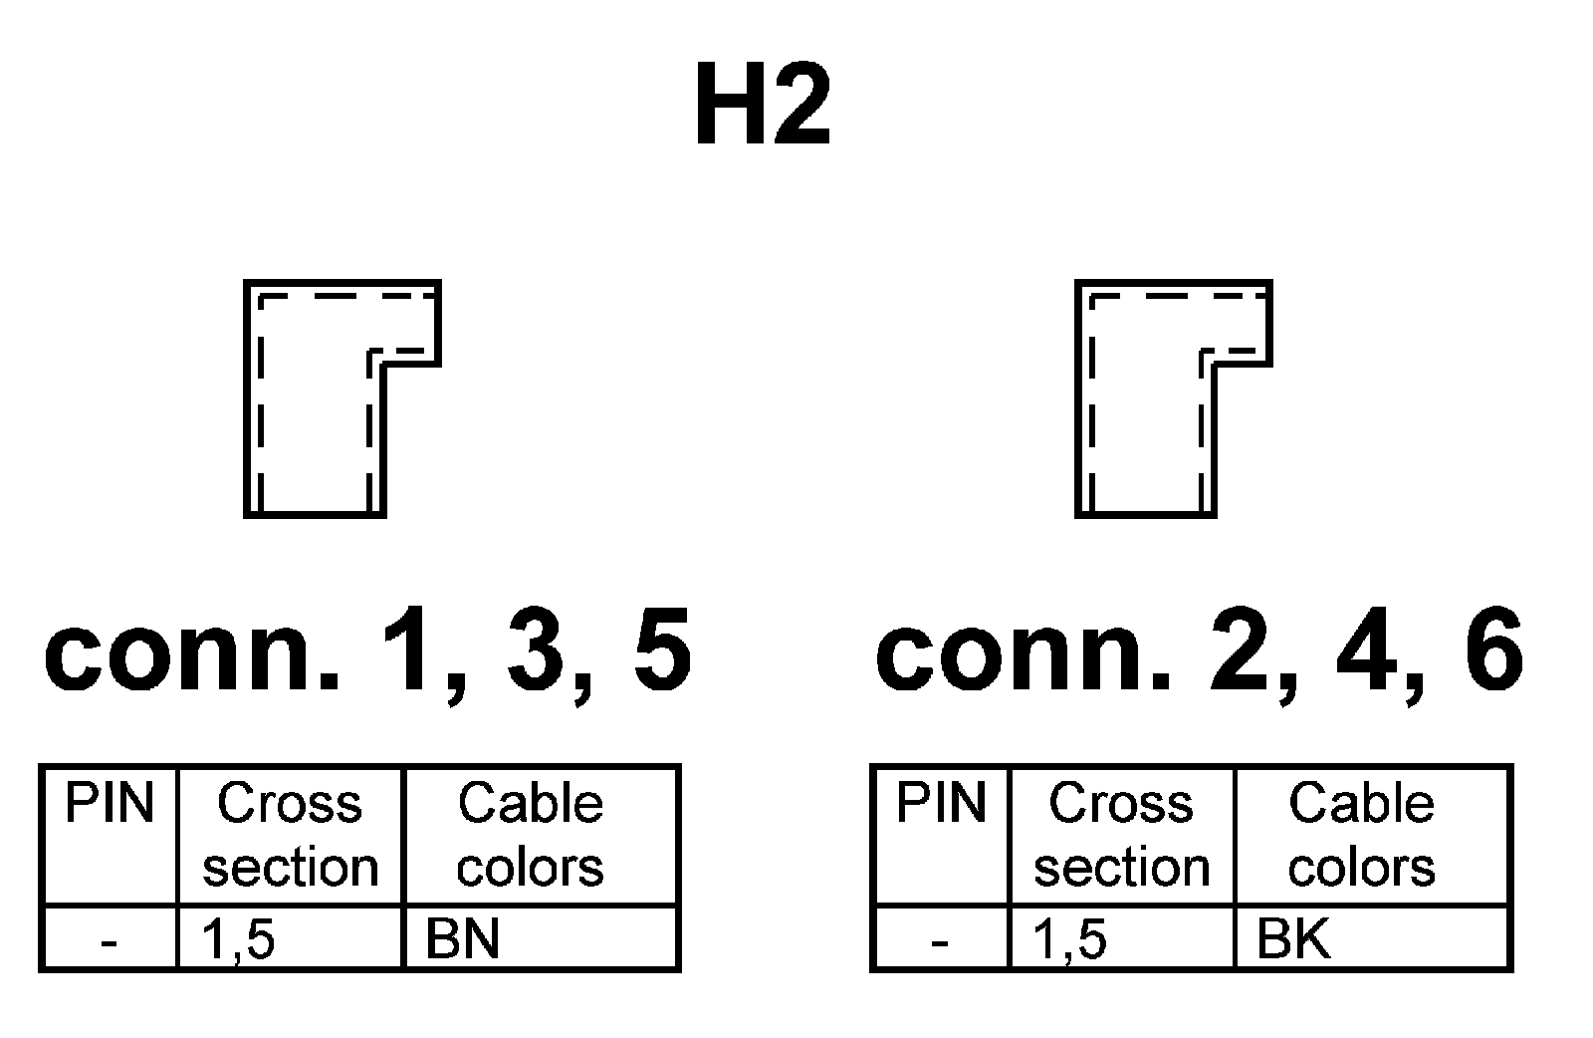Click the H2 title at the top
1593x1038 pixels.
(762, 106)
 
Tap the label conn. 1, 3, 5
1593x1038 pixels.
(367, 652)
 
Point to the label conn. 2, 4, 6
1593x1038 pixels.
(1199, 652)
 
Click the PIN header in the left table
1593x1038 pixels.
(110, 805)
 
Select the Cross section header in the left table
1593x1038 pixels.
(290, 835)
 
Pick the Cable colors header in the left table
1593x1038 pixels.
(531, 835)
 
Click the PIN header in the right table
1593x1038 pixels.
(941, 805)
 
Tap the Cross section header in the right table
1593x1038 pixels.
(1121, 835)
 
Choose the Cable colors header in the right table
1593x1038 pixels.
(1362, 835)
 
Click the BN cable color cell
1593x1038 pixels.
(463, 938)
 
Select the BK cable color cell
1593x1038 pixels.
(1293, 938)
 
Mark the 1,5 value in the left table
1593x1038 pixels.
(239, 938)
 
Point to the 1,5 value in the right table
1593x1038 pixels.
(1070, 938)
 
